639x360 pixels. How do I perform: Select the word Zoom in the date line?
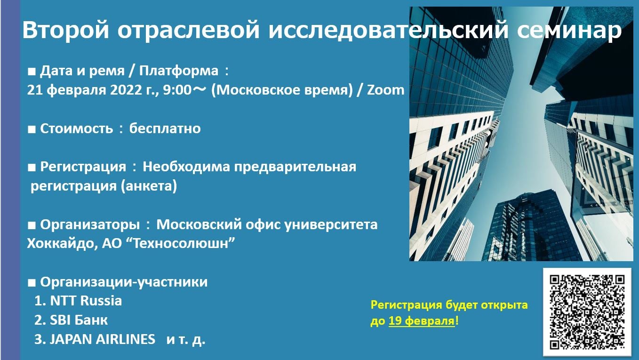tap(385, 90)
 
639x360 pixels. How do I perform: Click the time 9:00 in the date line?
tap(177, 90)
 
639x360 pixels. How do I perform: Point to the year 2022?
tap(126, 90)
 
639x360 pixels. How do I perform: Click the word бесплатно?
tap(165, 128)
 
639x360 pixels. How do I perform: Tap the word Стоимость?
tap(76, 128)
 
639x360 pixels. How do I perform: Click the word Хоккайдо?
tap(61, 244)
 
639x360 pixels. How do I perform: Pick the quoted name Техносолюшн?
tap(181, 243)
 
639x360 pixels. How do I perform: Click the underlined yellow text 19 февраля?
tap(422, 321)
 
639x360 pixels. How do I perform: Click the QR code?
tap(587, 312)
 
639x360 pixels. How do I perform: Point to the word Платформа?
tap(179, 71)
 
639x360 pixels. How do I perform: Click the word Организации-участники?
tap(124, 282)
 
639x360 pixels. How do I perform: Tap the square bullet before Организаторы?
tap(32, 225)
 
